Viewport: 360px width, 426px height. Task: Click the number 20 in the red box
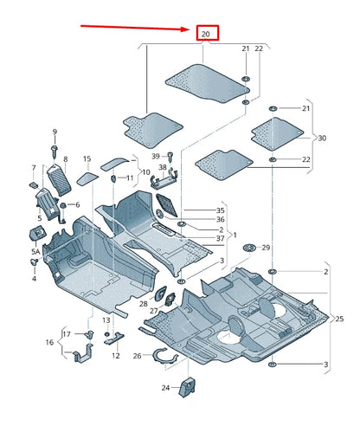click(206, 34)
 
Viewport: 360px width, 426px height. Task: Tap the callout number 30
click(323, 138)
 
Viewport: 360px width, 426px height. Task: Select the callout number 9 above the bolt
click(54, 132)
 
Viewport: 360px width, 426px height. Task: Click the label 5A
click(35, 251)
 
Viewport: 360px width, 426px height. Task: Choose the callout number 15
click(87, 159)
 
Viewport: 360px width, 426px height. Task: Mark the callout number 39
click(157, 156)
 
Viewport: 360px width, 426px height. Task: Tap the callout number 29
click(266, 248)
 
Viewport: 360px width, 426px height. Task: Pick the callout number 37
click(220, 239)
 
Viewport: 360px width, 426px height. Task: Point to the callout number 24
click(165, 388)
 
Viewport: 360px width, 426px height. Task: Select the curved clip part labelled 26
click(164, 354)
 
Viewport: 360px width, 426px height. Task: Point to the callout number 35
click(220, 210)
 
